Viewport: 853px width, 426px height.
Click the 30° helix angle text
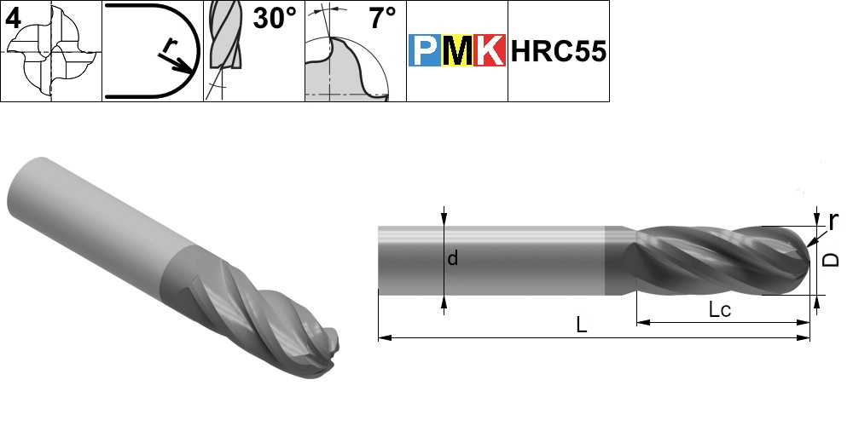pos(274,19)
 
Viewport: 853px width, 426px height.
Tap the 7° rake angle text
pos(383,19)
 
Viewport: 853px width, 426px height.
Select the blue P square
pos(424,50)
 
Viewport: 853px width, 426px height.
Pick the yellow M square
pos(457,50)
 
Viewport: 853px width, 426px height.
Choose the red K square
pos(490,50)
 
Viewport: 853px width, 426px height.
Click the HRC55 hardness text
pos(558,52)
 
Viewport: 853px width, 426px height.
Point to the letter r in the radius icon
pos(170,47)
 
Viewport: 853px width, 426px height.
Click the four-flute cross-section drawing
pos(52,52)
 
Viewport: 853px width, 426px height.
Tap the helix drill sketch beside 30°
pos(224,43)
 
